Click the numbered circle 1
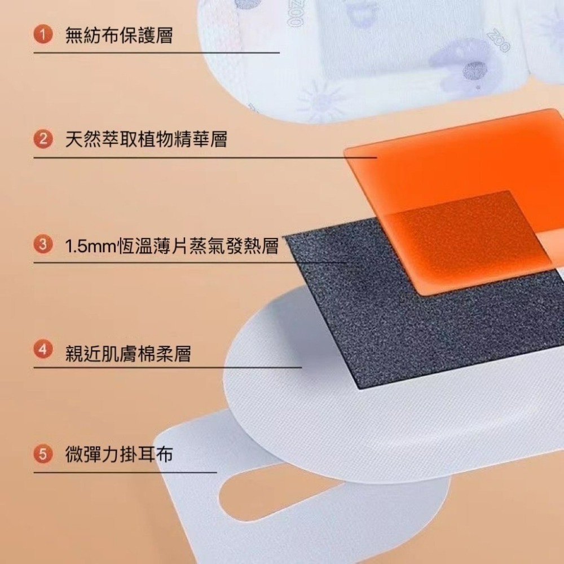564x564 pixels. pos(40,36)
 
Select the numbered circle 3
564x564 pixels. pos(40,246)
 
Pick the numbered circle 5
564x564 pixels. pos(40,454)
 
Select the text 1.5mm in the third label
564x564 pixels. pos(90,247)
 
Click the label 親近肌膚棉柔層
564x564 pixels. pos(127,354)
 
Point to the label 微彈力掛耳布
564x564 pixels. pos(118,455)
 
